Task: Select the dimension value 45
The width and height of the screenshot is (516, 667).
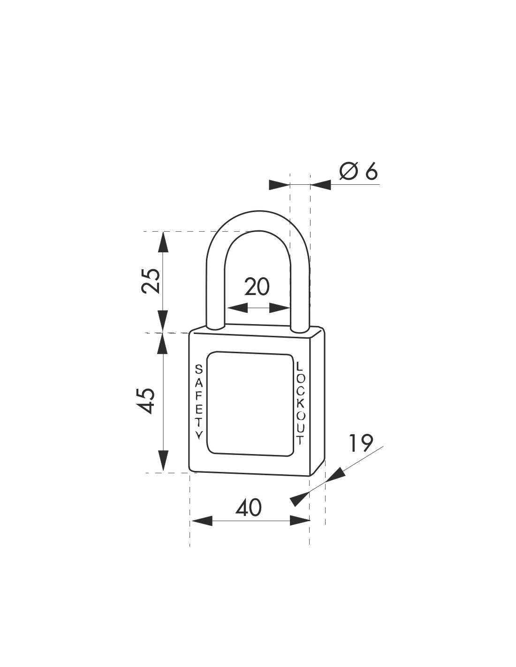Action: click(x=149, y=400)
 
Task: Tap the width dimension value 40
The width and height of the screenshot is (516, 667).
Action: click(x=249, y=508)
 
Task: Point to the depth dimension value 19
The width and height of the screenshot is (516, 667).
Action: click(x=361, y=442)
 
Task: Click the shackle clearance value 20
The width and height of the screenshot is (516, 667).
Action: click(x=257, y=287)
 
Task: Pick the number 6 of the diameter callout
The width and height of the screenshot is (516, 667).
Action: click(x=371, y=172)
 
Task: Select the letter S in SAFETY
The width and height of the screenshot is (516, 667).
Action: click(x=198, y=369)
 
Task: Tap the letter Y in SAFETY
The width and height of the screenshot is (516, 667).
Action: click(x=199, y=435)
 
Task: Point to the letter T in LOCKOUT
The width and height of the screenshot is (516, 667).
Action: click(x=300, y=440)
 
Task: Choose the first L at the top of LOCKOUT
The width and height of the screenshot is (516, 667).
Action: click(x=300, y=365)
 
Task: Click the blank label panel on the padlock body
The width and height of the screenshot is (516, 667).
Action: click(x=250, y=402)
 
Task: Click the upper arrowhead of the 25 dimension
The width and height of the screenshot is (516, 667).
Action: click(x=162, y=242)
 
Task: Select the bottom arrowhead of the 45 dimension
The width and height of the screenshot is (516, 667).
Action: click(x=162, y=462)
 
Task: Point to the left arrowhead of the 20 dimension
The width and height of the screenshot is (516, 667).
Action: click(x=237, y=308)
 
